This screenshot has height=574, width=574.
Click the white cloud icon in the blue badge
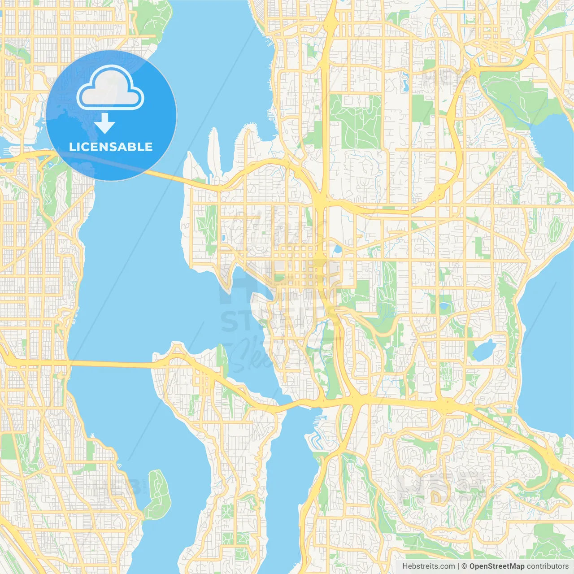tap(110, 88)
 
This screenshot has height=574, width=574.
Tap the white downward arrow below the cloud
tap(104, 123)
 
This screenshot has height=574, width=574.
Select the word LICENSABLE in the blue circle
tap(111, 147)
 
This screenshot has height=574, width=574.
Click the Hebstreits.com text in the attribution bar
tap(428, 566)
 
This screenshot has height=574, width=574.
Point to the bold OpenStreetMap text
tap(496, 566)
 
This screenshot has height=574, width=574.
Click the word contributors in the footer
tap(547, 566)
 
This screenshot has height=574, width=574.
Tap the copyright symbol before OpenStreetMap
tap(464, 566)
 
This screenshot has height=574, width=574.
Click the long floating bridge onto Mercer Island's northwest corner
tap(112, 364)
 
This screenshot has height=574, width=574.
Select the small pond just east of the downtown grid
tap(337, 249)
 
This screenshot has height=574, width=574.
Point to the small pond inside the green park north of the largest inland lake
tap(444, 307)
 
